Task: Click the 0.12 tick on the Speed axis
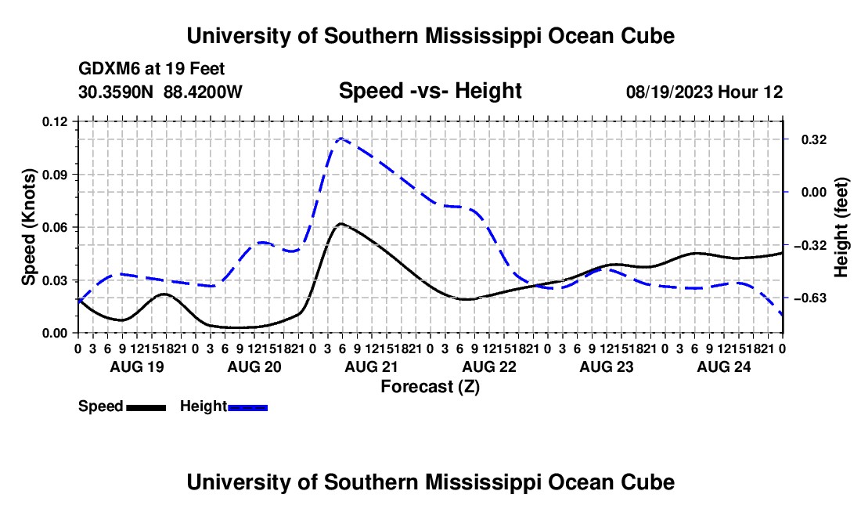54,121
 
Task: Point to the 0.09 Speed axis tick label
54,175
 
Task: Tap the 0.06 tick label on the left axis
54,227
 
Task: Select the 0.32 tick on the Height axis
814,140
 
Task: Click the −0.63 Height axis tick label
810,298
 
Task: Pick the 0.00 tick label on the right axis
814,192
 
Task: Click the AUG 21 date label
371,366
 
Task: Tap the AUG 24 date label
724,366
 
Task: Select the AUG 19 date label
137,366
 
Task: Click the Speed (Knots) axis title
28,227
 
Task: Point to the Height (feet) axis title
841,227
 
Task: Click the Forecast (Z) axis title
430,387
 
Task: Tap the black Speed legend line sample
146,407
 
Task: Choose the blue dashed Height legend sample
247,407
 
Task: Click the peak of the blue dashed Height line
341,139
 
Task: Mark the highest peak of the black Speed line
341,223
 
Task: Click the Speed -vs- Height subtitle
430,91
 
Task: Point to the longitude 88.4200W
203,92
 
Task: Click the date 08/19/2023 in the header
669,92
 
